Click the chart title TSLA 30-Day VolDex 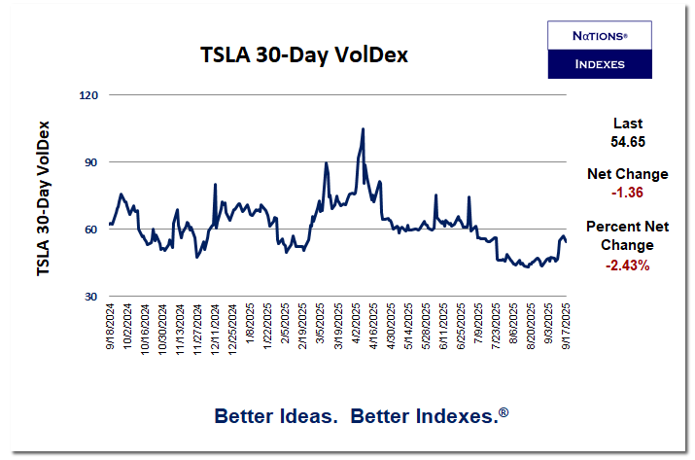(303, 55)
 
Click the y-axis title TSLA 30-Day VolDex (44, 197)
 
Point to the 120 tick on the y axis (91, 95)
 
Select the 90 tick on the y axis (94, 162)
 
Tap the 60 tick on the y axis (94, 230)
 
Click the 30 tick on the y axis (94, 297)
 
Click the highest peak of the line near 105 (363, 128)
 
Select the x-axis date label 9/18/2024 (111, 328)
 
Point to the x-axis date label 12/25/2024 (233, 330)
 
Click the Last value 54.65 (627, 142)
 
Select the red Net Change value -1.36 (627, 193)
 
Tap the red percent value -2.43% (627, 264)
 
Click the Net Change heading (627, 174)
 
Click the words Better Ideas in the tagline (275, 416)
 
